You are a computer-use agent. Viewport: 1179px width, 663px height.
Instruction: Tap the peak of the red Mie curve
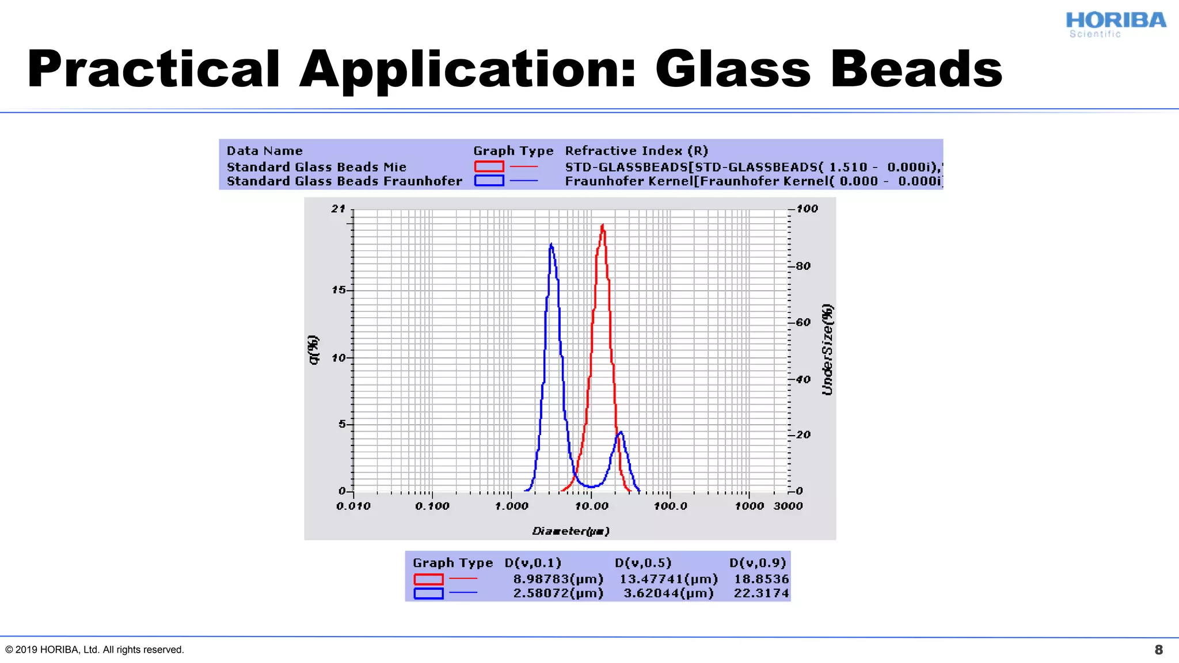pyautogui.click(x=603, y=226)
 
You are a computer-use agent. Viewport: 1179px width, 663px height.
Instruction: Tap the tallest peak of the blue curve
pyautogui.click(x=552, y=245)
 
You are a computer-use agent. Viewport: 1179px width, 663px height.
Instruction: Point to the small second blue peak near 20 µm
pyautogui.click(x=621, y=433)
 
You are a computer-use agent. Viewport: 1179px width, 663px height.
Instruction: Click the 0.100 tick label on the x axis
pyautogui.click(x=432, y=506)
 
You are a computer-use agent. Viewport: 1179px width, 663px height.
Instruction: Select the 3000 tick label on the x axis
pyautogui.click(x=788, y=506)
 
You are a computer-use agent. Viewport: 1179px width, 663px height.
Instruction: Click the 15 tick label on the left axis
pyautogui.click(x=339, y=289)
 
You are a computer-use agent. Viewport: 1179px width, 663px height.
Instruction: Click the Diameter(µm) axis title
pyautogui.click(x=571, y=531)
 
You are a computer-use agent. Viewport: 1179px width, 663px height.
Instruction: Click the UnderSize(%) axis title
pyautogui.click(x=827, y=349)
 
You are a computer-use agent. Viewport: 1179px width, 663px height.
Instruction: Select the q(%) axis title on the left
pyautogui.click(x=313, y=349)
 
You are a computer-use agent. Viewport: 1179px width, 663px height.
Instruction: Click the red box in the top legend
pyautogui.click(x=489, y=166)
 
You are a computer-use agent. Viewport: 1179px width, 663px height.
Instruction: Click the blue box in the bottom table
pyautogui.click(x=428, y=593)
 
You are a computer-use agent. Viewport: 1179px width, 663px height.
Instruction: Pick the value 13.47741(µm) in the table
pyautogui.click(x=668, y=579)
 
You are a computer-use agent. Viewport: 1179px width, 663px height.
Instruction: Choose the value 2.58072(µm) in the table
pyautogui.click(x=558, y=593)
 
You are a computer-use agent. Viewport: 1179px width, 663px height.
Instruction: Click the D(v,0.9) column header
pyautogui.click(x=758, y=563)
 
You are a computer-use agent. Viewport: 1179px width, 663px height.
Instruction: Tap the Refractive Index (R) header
pyautogui.click(x=636, y=151)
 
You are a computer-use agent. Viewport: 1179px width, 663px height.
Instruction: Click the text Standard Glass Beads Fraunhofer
pyautogui.click(x=344, y=181)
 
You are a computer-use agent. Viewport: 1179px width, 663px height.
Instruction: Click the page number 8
pyautogui.click(x=1158, y=650)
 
